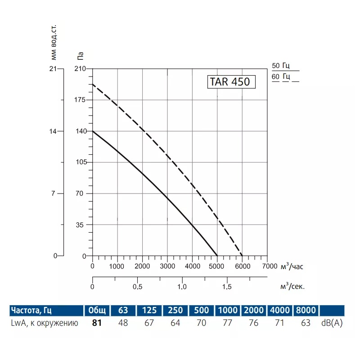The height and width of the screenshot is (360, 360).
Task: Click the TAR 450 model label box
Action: pyautogui.click(x=231, y=82)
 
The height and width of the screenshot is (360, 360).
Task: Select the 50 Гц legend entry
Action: pyautogui.click(x=281, y=66)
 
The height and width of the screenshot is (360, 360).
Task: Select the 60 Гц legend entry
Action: pyautogui.click(x=281, y=76)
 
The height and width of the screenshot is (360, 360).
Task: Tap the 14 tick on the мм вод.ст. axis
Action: pyautogui.click(x=54, y=131)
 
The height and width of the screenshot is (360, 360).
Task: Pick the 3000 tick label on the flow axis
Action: pyautogui.click(x=167, y=266)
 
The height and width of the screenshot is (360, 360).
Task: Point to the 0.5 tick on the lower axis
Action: pyautogui.click(x=137, y=287)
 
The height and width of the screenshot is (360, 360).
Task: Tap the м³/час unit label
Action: pyautogui.click(x=292, y=266)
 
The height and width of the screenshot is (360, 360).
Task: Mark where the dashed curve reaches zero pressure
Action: pyautogui.click(x=243, y=256)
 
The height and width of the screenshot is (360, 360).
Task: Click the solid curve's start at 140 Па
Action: pyautogui.click(x=93, y=131)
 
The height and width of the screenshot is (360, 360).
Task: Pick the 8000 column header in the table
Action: pyautogui.click(x=306, y=310)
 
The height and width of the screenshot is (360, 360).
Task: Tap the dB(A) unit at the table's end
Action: pyautogui.click(x=332, y=323)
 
